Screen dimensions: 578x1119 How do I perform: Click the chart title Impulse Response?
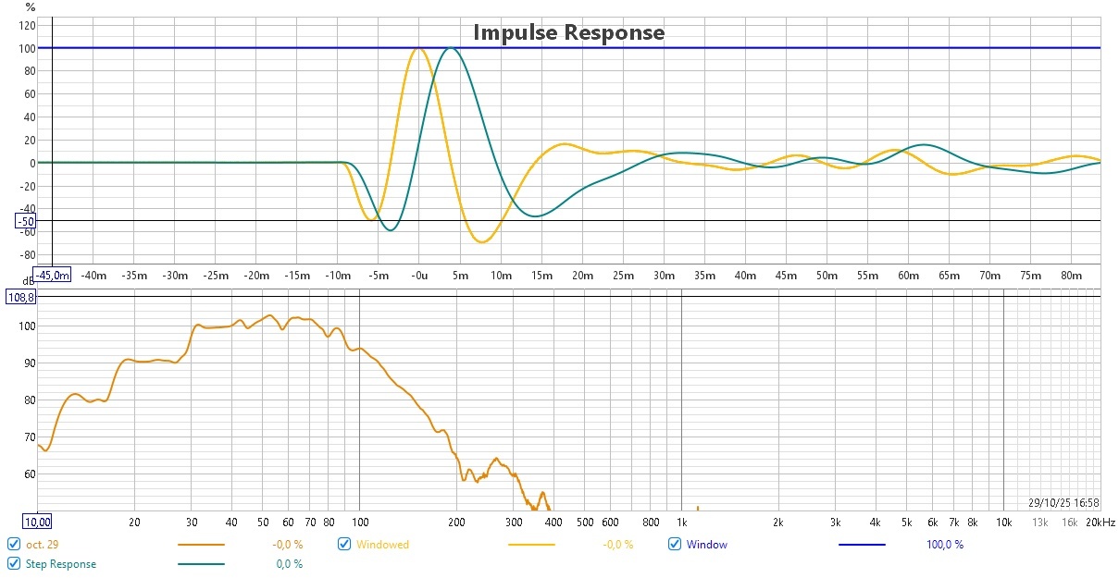point(568,32)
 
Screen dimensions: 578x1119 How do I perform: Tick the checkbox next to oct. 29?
point(13,545)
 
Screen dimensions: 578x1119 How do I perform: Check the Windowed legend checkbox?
point(344,545)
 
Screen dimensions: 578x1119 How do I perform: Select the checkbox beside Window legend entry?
point(674,545)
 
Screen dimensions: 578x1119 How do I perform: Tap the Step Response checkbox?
point(13,563)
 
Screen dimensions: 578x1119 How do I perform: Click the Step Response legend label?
point(60,563)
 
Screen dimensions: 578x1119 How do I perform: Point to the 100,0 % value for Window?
point(944,545)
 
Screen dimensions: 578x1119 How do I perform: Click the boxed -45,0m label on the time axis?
point(53,274)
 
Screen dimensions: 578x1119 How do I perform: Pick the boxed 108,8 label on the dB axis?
point(20,297)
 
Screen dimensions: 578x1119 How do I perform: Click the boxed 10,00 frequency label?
point(37,523)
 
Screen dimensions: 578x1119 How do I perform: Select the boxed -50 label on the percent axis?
point(25,221)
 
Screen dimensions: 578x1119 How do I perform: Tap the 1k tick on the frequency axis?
point(682,523)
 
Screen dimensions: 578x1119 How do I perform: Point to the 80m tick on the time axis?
point(1071,275)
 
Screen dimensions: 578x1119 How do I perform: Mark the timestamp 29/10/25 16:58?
point(1063,503)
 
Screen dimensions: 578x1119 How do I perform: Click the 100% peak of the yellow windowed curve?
point(417,48)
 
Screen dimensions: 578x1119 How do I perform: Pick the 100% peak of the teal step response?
point(450,48)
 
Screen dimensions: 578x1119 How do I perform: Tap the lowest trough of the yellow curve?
point(482,241)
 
